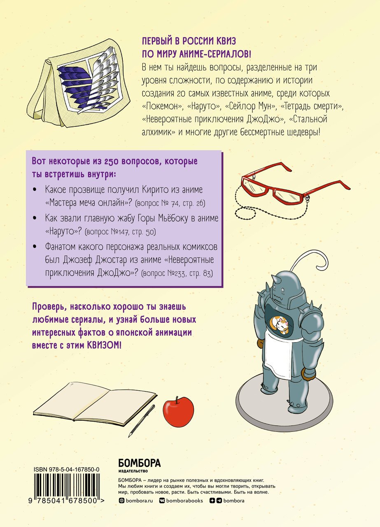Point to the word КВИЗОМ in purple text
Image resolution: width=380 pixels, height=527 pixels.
(x=104, y=345)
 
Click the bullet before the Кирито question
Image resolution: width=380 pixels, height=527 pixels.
(x=35, y=190)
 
